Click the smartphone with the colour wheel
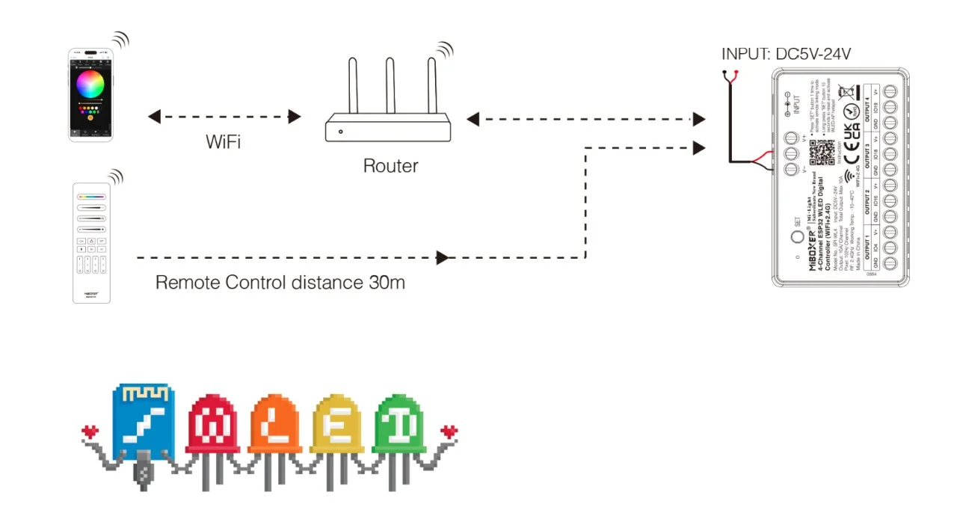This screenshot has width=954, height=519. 90,95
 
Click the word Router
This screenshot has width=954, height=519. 390,166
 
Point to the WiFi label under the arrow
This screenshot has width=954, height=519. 223,142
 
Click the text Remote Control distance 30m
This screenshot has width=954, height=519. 280,283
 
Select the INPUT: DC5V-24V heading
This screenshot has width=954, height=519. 786,54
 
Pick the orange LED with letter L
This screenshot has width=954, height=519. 274,427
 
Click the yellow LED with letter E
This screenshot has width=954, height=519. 336,427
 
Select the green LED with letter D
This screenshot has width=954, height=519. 398,427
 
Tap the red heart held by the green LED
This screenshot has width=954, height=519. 449,432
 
